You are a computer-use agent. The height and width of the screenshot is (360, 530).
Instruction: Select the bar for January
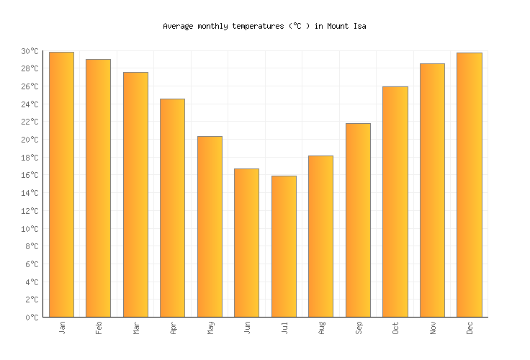coord(61,184)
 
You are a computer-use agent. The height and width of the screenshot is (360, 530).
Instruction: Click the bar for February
coord(98,188)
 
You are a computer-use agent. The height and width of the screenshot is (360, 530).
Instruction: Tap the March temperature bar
coord(135,194)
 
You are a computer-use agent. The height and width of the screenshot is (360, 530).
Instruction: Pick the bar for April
coord(172,207)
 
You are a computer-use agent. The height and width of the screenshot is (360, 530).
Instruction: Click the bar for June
coord(246,243)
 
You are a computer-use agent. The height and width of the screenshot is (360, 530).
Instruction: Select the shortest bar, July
coord(284,246)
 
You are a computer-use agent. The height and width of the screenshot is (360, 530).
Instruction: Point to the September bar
coord(358,220)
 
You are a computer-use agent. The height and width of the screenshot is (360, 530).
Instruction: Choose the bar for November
coord(432,190)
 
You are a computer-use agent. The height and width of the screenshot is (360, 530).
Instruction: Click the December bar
coord(469,184)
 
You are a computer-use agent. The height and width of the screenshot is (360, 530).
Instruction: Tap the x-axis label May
coord(210,328)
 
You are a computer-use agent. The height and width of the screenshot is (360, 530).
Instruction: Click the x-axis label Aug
coord(321,328)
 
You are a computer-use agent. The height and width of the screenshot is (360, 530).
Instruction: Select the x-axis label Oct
coord(395,328)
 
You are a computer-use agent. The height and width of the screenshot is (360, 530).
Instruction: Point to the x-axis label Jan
coord(62,327)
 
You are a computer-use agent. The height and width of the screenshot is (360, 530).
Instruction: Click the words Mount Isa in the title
coord(346,26)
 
